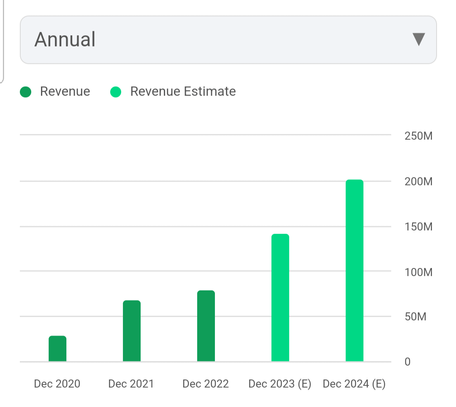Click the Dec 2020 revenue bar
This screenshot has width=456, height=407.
57,349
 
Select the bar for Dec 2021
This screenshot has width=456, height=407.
132,331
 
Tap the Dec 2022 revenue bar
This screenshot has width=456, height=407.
206,326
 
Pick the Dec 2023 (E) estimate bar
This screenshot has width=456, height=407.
280,298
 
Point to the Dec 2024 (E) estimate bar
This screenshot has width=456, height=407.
354,271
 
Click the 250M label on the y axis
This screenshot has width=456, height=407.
418,136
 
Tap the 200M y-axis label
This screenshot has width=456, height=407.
418,182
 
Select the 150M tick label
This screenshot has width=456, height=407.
418,227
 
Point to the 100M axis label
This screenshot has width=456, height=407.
418,272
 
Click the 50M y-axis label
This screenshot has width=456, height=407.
416,317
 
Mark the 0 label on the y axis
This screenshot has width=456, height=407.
407,362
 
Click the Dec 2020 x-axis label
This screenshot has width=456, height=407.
57,384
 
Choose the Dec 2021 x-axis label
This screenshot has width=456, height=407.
131,384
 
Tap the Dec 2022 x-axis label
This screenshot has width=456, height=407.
206,384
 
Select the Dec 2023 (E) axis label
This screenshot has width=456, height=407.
280,384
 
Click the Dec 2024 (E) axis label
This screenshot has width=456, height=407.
354,384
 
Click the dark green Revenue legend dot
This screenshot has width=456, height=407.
26,92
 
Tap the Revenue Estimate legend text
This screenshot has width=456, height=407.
183,92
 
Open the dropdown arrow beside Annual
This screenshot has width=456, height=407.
418,39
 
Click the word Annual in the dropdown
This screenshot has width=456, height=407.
65,39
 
